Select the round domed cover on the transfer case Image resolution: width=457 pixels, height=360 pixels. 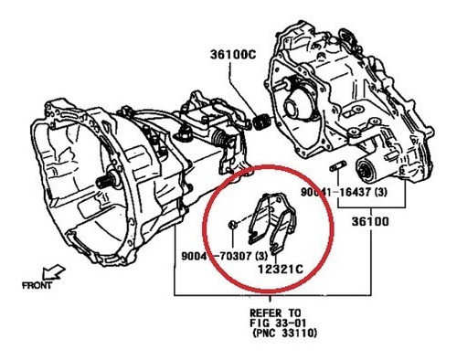[x=301, y=100]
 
